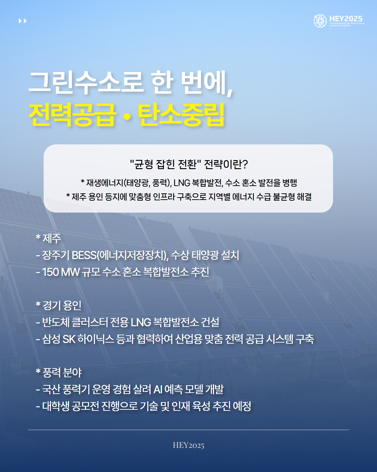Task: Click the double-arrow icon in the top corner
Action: click(x=23, y=21)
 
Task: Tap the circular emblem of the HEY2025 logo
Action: click(x=320, y=21)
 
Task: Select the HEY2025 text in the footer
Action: click(x=188, y=445)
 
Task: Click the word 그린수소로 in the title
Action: click(x=86, y=83)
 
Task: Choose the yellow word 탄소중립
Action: click(x=181, y=115)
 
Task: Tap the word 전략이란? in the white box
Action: click(x=226, y=164)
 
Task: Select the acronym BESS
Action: click(x=84, y=255)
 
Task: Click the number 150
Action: click(x=51, y=272)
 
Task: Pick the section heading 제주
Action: click(x=52, y=238)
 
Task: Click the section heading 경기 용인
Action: click(x=62, y=306)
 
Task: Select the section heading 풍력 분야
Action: click(x=62, y=373)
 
